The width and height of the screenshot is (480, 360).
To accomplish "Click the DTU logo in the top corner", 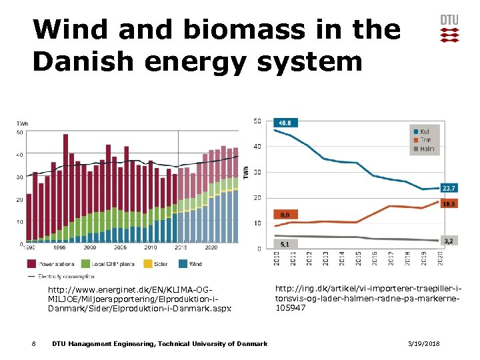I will (x=449, y=28).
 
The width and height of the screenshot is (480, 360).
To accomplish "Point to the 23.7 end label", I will (x=450, y=189).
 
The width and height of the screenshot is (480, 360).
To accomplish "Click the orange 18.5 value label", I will (x=450, y=204).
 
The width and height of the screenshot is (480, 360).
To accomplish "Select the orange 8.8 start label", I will (x=285, y=215).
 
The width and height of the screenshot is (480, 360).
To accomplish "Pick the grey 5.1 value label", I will (x=285, y=244).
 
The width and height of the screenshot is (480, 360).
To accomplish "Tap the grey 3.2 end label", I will (x=449, y=240).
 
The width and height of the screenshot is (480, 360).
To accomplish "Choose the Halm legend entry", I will (x=427, y=149).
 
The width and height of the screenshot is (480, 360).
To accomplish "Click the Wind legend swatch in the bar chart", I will (x=183, y=263).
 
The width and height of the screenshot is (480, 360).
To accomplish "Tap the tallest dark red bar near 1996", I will (x=65, y=187).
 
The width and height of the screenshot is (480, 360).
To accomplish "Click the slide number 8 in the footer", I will (x=33, y=343).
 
